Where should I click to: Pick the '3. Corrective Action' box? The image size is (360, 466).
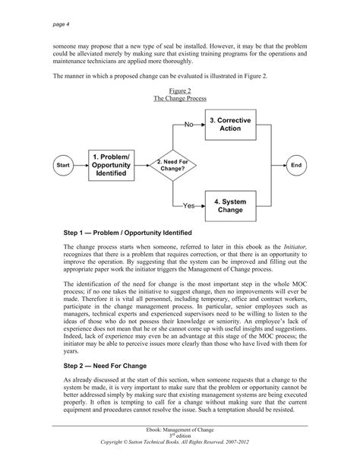(x=232, y=125)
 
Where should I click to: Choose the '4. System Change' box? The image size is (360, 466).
(x=232, y=205)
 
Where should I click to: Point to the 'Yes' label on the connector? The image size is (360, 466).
(x=189, y=205)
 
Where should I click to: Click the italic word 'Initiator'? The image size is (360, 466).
(x=295, y=248)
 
